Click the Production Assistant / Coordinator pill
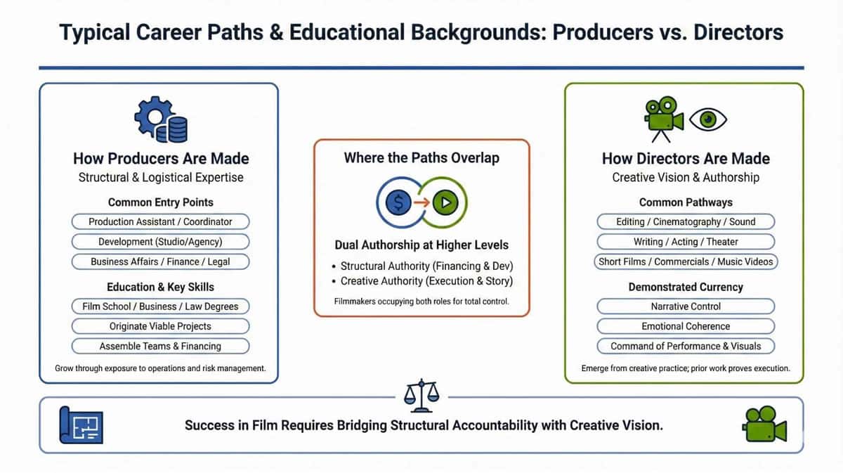(x=160, y=221)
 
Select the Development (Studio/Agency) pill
(x=160, y=242)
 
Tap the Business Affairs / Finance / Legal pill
(x=160, y=261)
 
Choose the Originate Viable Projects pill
(x=160, y=326)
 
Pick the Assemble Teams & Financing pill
(x=160, y=346)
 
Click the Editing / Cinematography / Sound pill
(x=686, y=221)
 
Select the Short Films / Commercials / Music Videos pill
(x=686, y=261)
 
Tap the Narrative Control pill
(x=686, y=306)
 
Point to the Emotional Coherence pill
(x=686, y=326)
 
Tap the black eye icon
(x=708, y=119)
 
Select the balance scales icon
(x=421, y=396)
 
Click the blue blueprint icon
(x=81, y=424)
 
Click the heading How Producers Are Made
(x=161, y=158)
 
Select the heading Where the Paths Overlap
(x=421, y=157)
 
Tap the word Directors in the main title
(x=738, y=33)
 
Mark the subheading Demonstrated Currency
(x=686, y=287)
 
